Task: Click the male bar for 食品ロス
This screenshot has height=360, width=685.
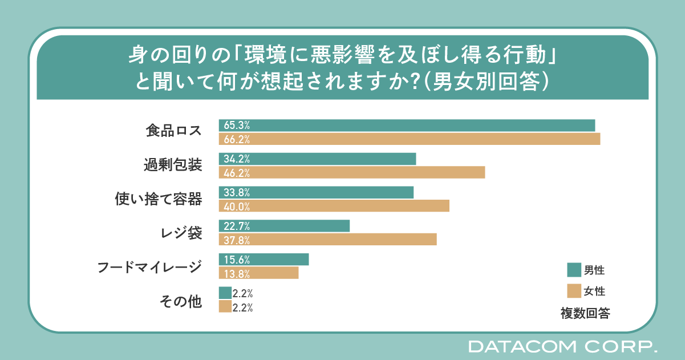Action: pos(407,126)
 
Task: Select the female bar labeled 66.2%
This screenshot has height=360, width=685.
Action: pos(410,139)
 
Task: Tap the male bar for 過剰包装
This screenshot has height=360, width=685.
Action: pos(317,159)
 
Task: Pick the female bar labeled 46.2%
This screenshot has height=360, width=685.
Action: pos(352,172)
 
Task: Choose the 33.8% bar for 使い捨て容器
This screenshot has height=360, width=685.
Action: pos(316,192)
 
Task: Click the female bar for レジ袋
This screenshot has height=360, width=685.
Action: pos(327,240)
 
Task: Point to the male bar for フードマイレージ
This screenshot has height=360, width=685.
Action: pos(264,260)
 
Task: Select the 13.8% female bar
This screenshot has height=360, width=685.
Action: pos(258,273)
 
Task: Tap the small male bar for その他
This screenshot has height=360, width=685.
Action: pos(225,293)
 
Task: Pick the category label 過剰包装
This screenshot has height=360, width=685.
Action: pos(172,165)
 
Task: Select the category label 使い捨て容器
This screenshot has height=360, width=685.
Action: pos(159,199)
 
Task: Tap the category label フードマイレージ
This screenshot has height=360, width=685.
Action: pos(149,266)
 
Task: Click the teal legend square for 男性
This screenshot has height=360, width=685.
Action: pos(574,269)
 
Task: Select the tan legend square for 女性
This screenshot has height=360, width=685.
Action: pos(574,291)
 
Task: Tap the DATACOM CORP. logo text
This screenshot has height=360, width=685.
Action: pos(562,346)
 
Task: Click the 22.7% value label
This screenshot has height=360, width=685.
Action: pos(237,226)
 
